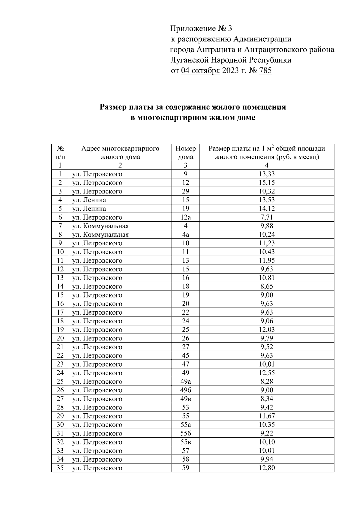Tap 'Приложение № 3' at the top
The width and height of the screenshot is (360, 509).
pyautogui.click(x=201, y=29)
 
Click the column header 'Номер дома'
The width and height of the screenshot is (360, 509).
pyautogui.click(x=185, y=153)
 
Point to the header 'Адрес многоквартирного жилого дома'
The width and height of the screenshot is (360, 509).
pyautogui.click(x=120, y=153)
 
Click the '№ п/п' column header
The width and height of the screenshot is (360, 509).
pyautogui.click(x=60, y=153)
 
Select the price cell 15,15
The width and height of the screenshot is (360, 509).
pyautogui.click(x=267, y=183)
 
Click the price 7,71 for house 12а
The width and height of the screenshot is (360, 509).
pyautogui.click(x=267, y=217)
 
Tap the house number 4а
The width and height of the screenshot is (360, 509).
pyautogui.click(x=185, y=235)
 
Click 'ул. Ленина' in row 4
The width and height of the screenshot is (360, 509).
pyautogui.click(x=89, y=200)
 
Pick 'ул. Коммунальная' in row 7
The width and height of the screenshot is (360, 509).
pyautogui.click(x=100, y=226)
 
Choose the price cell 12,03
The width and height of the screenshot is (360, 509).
pyautogui.click(x=267, y=330)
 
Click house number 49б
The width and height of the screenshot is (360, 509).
pyautogui.click(x=185, y=390)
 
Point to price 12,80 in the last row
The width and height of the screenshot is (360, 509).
pyautogui.click(x=267, y=468)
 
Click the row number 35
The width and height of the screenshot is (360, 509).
pyautogui.click(x=60, y=468)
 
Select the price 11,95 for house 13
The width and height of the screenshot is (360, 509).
pyautogui.click(x=267, y=260)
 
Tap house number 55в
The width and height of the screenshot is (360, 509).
pyautogui.click(x=185, y=442)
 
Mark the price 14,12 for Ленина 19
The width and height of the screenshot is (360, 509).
pyautogui.click(x=267, y=208)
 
